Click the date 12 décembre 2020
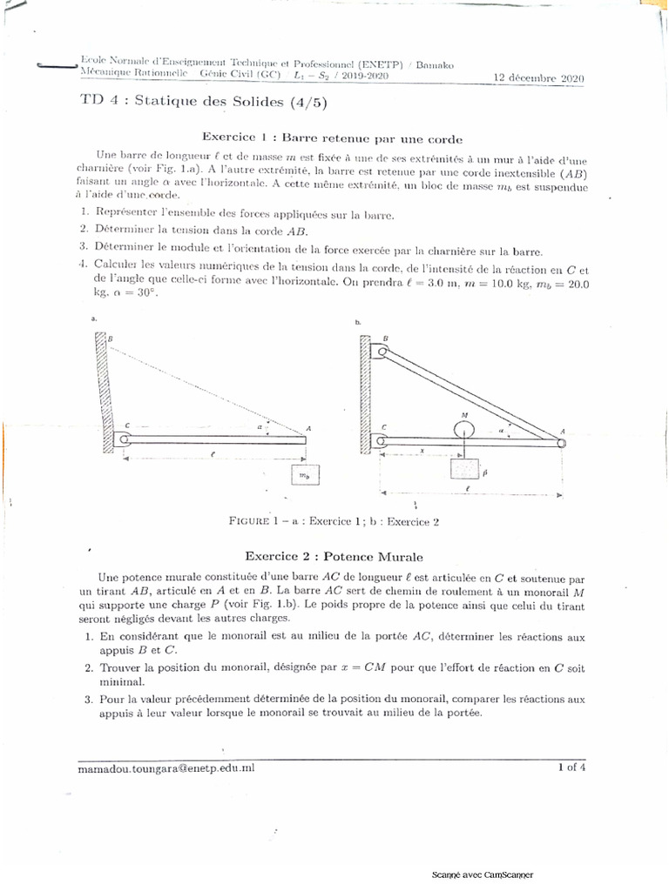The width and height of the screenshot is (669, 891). point(538,77)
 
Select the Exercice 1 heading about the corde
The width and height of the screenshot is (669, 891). point(332,137)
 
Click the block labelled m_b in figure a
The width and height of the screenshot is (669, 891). point(304,477)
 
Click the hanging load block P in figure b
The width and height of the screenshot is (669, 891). point(465,471)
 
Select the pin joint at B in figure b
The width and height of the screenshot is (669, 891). point(380,352)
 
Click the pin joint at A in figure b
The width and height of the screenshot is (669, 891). point(562,442)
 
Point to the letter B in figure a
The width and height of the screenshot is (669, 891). point(110,338)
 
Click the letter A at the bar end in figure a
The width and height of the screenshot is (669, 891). point(308,429)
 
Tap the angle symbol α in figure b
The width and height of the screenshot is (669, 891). point(503,430)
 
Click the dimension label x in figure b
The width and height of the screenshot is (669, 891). point(422,451)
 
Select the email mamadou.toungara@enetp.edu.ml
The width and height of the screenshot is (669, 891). point(166,768)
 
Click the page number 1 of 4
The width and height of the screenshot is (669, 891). point(571,767)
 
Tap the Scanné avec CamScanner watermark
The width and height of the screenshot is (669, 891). point(483,874)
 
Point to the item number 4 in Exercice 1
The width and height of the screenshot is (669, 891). point(82,265)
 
